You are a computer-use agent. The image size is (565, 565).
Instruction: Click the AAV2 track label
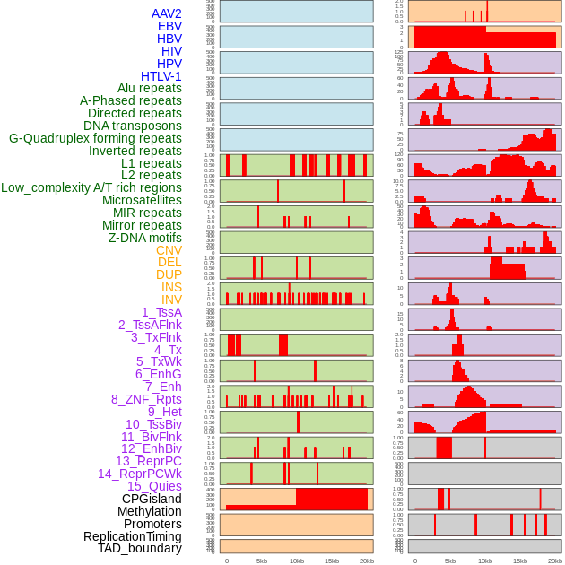(166, 13)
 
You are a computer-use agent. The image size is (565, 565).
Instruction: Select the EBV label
(169, 26)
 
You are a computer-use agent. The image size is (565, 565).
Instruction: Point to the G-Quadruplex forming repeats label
(95, 138)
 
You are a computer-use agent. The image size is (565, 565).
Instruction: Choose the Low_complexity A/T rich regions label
(91, 187)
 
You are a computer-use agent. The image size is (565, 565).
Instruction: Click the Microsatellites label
(142, 200)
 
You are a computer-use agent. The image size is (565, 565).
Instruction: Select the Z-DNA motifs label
(144, 238)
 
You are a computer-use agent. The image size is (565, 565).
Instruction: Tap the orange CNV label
(169, 250)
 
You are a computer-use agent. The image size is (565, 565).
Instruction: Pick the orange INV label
(171, 300)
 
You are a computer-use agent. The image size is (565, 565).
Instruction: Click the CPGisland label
(152, 499)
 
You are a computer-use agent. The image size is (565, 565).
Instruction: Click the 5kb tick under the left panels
(262, 561)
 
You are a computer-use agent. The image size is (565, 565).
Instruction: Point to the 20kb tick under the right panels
(555, 561)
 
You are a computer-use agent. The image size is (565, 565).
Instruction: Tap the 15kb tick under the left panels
(332, 561)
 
